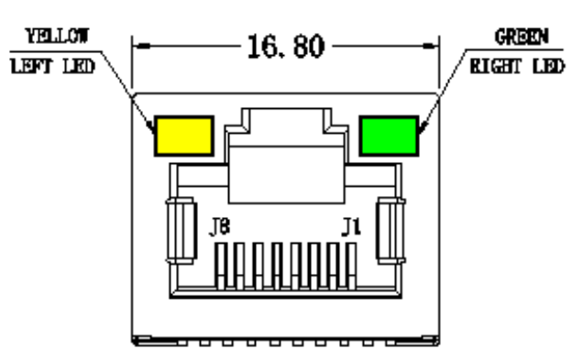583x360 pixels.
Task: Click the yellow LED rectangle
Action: (183, 136)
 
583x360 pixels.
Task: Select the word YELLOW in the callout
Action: (52, 38)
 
